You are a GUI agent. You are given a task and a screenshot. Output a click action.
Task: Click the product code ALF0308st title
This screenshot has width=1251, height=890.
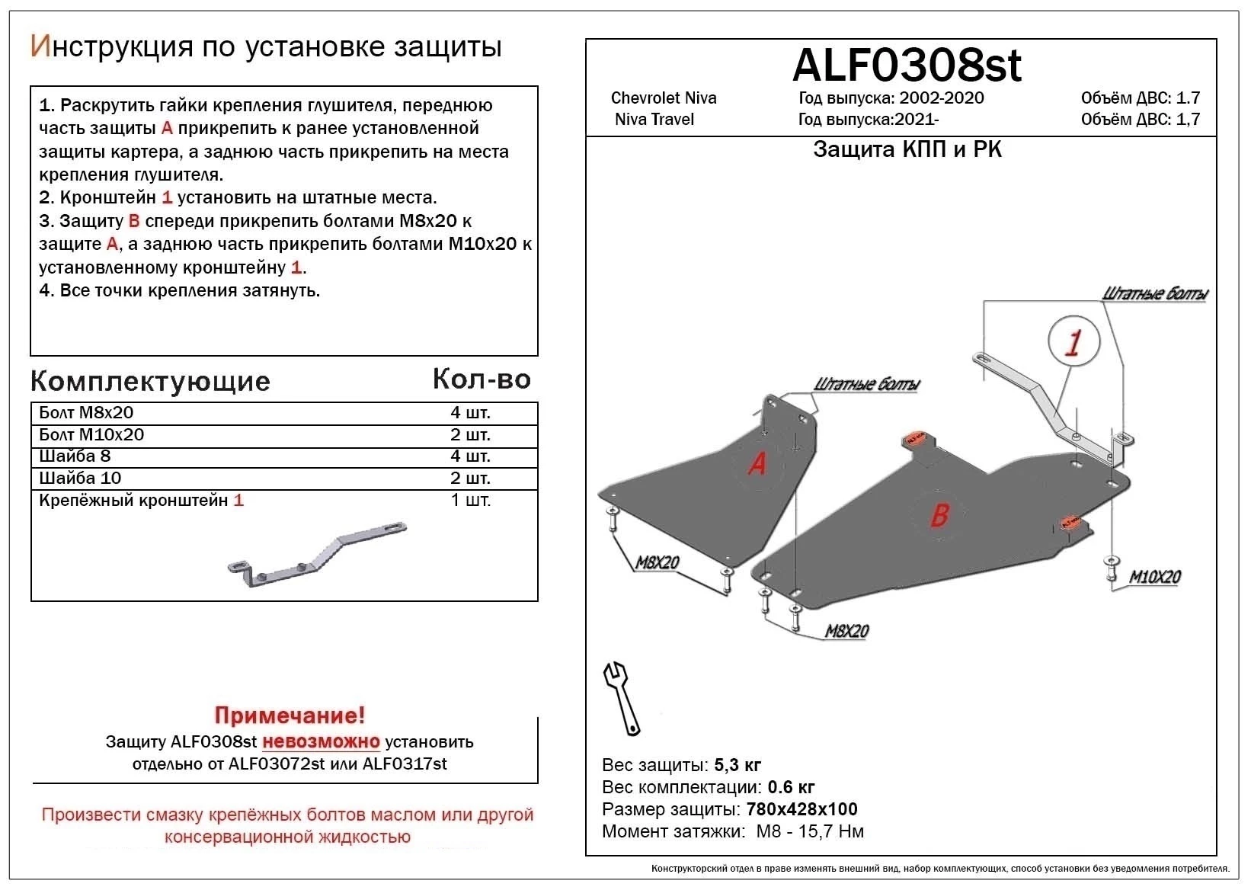[906, 66]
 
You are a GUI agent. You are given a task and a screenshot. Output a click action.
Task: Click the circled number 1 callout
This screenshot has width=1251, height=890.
[1073, 341]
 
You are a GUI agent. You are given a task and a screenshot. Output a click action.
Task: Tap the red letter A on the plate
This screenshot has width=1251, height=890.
[757, 463]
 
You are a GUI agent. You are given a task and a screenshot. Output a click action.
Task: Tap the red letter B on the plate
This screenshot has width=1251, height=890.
[939, 515]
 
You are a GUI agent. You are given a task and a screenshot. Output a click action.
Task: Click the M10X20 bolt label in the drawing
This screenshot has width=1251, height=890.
[1154, 577]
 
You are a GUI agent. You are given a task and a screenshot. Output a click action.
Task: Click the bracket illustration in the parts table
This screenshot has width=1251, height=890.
[317, 555]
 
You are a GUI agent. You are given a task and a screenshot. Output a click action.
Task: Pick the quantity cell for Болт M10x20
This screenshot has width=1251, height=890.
[470, 435]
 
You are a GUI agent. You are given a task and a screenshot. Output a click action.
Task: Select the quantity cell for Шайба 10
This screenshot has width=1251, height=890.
[470, 479]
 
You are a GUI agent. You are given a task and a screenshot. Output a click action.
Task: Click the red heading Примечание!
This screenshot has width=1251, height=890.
[290, 716]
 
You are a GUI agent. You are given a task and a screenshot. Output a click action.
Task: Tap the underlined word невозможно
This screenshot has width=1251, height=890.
[321, 741]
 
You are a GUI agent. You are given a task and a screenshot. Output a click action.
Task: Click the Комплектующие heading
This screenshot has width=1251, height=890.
[150, 381]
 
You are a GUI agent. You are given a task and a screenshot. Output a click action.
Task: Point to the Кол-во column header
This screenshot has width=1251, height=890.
[482, 379]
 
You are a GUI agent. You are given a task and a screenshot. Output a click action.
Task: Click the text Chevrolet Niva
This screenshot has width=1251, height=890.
[664, 98]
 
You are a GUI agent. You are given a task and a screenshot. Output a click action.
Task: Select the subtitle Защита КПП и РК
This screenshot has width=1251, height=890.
[907, 149]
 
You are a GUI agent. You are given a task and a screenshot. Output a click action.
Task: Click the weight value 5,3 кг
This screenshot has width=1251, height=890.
[737, 765]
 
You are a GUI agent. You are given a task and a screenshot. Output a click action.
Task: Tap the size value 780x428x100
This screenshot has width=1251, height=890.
[802, 809]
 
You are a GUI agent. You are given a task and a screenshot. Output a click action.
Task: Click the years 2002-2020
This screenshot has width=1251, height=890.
[941, 98]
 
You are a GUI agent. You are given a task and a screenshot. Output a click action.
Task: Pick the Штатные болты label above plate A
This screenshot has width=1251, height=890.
[866, 384]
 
